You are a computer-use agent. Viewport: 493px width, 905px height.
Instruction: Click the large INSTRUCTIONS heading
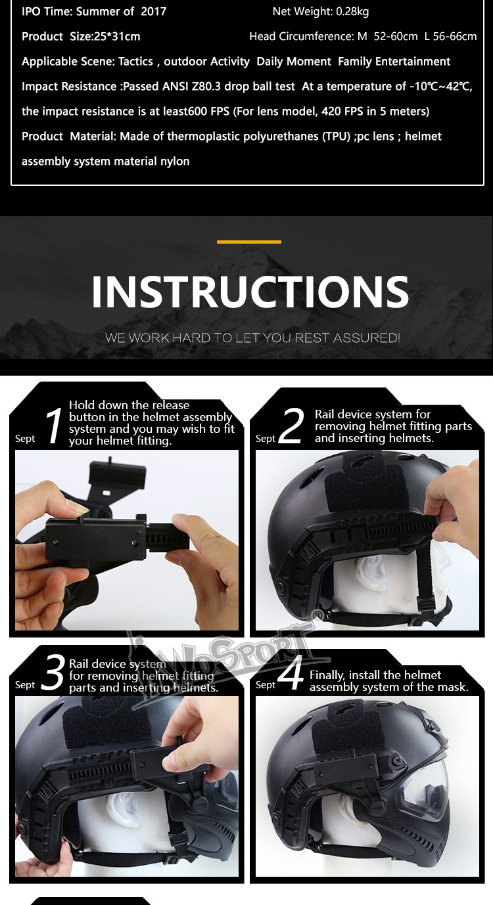pos(250,292)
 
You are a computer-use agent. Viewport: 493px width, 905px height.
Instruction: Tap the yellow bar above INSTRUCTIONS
pos(249,242)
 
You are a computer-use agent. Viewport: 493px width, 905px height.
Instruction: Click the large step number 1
pos(55,426)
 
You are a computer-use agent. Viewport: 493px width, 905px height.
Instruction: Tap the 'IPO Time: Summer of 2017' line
pos(94,11)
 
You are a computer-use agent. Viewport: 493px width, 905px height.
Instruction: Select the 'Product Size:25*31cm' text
pos(81,36)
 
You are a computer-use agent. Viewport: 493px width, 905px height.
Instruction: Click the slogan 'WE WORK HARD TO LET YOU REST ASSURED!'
pos(252,338)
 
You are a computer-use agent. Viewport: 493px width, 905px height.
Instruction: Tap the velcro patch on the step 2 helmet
pos(355,489)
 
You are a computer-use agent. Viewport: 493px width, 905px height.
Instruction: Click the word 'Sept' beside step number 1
pos(25,439)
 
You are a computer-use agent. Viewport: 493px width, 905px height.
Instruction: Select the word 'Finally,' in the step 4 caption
pos(327,675)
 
